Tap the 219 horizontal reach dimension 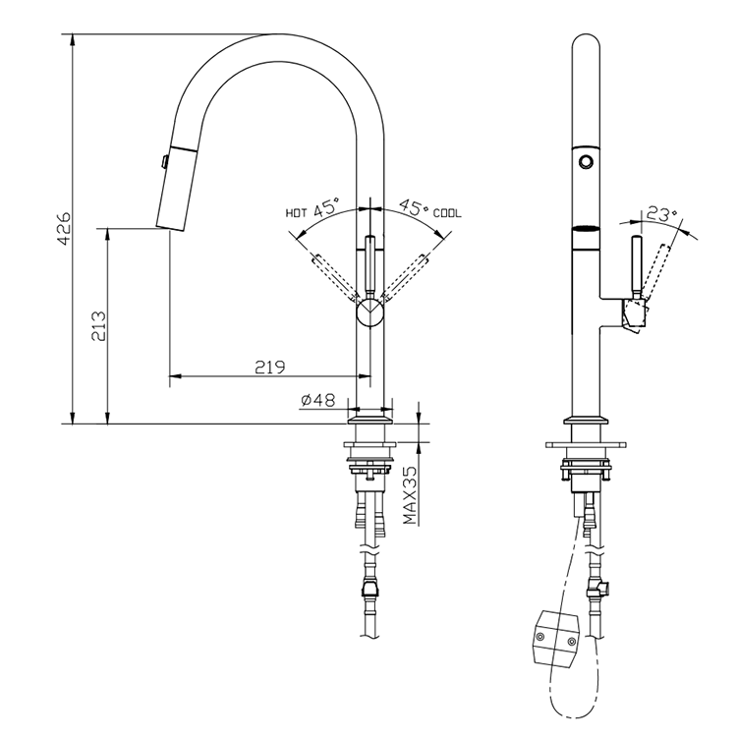269,368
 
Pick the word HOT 297,212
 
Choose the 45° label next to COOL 413,209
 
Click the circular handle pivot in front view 370,313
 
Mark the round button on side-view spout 586,159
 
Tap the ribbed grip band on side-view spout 585,232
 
